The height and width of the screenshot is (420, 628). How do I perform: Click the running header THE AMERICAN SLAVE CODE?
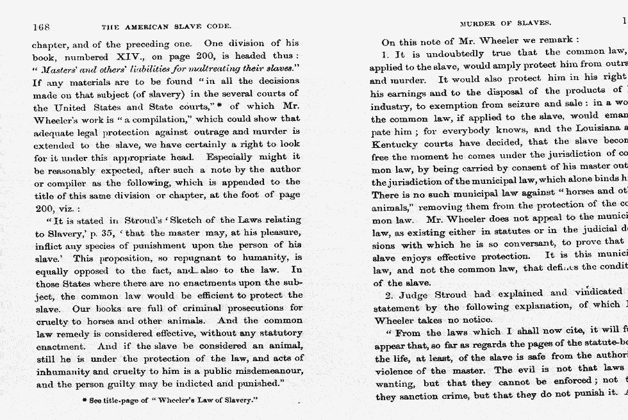coord(166,27)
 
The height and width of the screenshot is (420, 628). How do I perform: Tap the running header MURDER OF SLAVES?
coord(515,23)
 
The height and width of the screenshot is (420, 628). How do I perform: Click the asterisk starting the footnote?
coord(85,400)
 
